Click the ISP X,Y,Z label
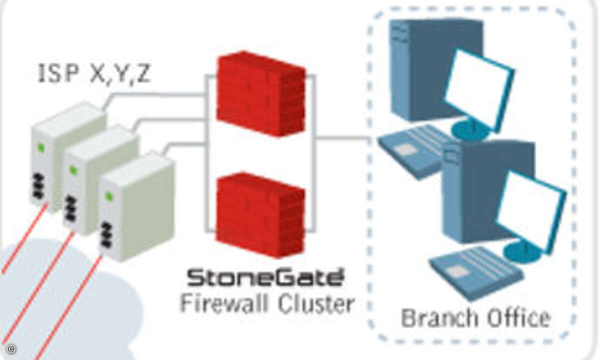coord(94,73)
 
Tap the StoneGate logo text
coord(265,277)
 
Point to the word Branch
coord(440,317)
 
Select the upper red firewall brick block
coord(261,94)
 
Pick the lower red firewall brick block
coord(260,215)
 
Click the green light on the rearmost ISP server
coord(41,147)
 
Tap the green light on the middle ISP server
coord(73,169)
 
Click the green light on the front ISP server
coord(109,196)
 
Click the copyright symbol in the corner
coord(11,349)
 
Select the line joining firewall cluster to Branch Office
coord(342,138)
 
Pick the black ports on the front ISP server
coord(107,234)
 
